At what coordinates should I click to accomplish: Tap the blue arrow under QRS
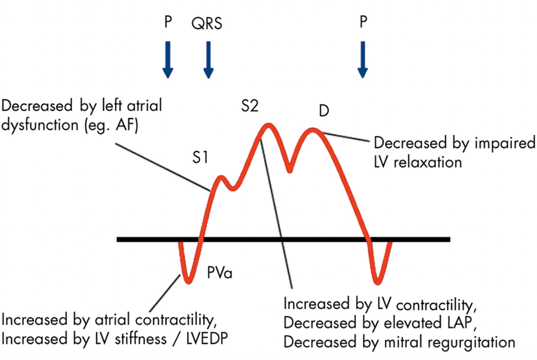click(208, 60)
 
